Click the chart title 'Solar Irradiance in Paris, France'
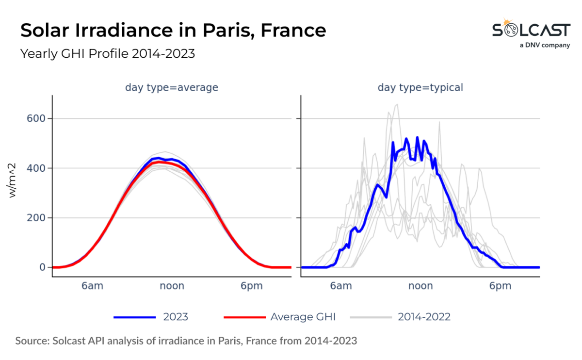click(173, 31)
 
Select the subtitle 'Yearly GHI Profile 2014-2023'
click(107, 53)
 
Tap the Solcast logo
click(531, 30)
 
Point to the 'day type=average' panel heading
click(172, 88)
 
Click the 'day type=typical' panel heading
click(420, 88)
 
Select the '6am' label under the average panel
click(92, 286)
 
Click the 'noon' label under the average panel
click(172, 286)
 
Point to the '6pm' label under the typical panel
click(500, 286)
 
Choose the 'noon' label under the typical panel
click(420, 286)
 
